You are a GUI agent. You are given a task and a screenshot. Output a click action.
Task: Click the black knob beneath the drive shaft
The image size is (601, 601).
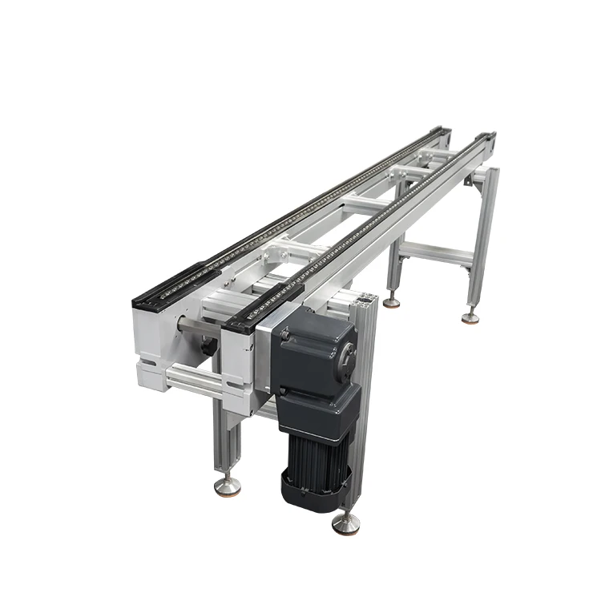pos(208,347)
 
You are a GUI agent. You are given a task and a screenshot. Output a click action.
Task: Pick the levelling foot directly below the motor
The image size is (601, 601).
pos(345,524)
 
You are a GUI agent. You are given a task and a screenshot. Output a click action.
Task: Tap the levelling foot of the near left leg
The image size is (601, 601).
pos(227,486)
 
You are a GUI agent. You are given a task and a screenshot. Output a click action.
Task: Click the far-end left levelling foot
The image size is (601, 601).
pos(391,302)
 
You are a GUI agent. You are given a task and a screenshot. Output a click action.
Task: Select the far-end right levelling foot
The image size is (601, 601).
pos(470,317)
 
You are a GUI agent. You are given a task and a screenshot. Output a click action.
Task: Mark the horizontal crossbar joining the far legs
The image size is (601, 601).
pos(437,255)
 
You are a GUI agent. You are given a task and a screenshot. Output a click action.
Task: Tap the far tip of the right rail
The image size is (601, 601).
pos(487,136)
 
